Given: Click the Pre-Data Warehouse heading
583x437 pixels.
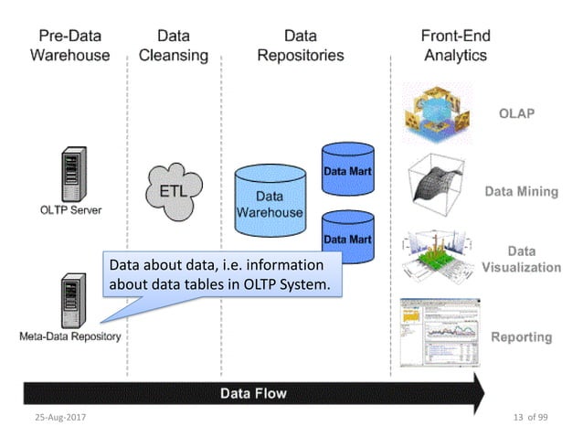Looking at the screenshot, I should tap(69, 46).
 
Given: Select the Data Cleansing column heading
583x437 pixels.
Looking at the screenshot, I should tap(173, 46).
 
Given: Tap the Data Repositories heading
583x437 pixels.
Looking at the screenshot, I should tap(300, 46).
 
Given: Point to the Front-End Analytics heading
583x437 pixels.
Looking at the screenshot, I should tap(454, 46).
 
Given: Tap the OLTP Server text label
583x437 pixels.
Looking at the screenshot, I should tap(69, 209).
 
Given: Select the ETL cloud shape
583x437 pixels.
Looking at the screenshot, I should tap(175, 190).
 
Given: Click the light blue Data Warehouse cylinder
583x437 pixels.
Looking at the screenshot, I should tap(269, 204).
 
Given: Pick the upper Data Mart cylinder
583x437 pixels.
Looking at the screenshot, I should tap(348, 169).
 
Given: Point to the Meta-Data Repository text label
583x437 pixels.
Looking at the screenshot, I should tap(70, 336).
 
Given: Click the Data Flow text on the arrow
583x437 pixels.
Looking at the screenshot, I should tap(253, 393).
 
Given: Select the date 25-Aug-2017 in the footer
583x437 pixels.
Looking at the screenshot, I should tap(61, 420).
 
